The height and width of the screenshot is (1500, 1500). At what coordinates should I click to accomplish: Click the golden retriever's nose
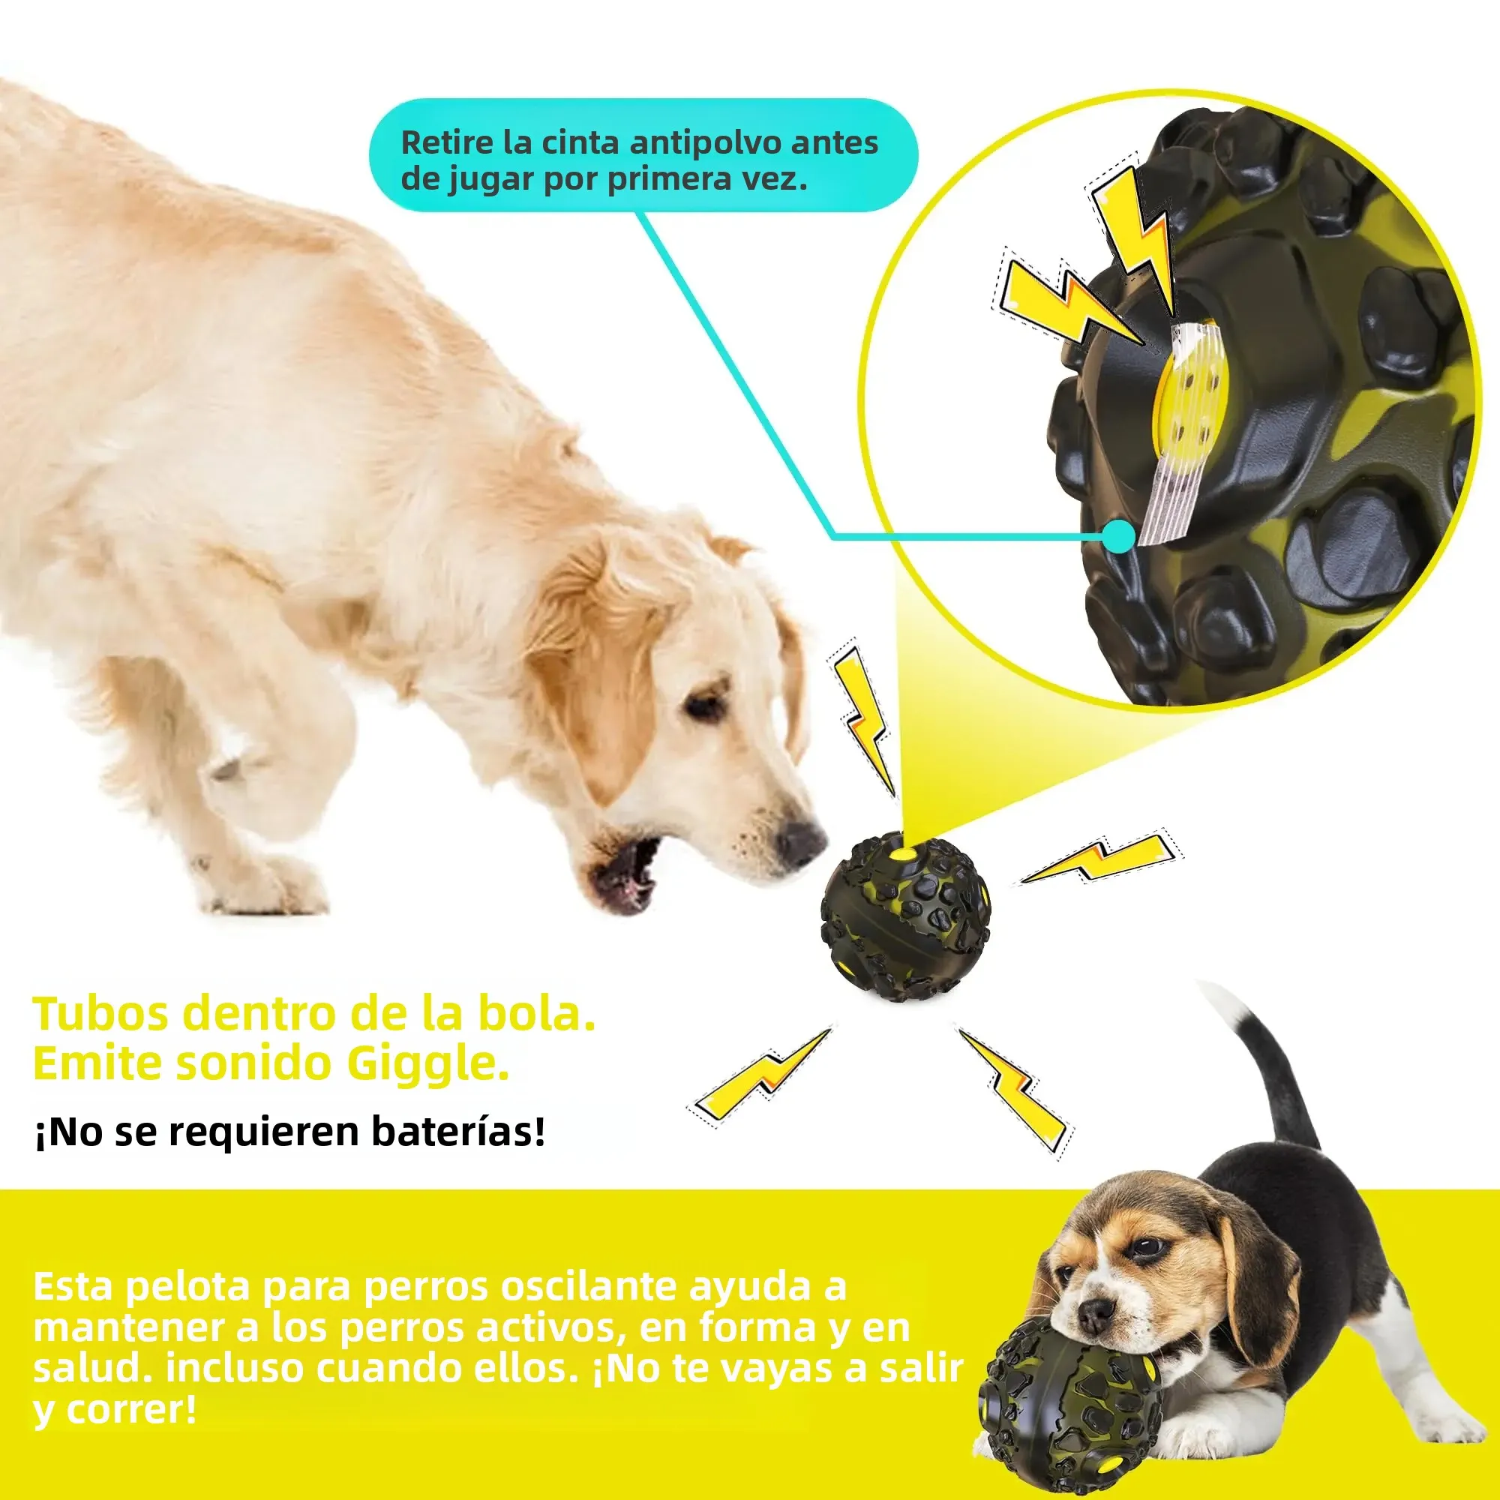799,840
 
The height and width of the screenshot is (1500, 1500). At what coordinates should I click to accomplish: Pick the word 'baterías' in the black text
458,1132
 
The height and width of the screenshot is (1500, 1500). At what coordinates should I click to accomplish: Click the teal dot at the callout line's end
1119,535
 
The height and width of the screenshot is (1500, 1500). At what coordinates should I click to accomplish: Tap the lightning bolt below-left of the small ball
760,1076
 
